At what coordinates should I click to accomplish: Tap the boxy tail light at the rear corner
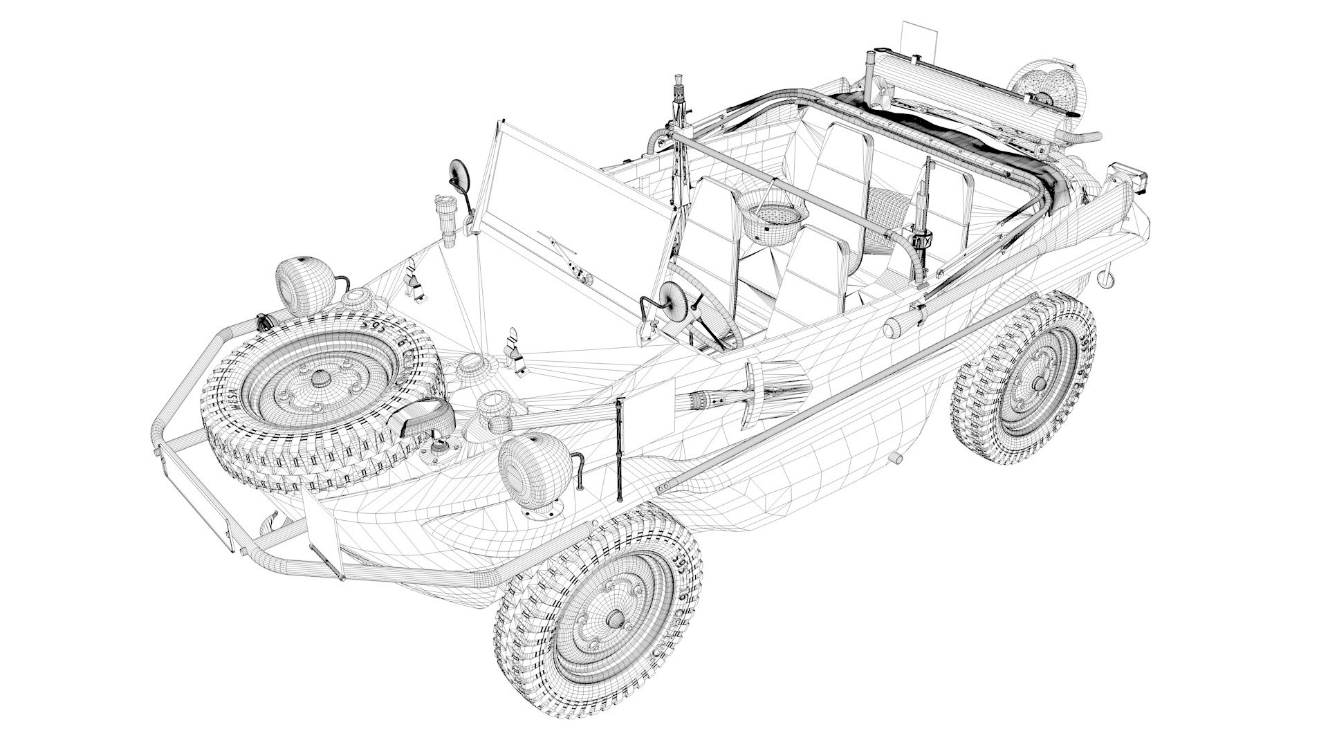click(x=1128, y=178)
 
